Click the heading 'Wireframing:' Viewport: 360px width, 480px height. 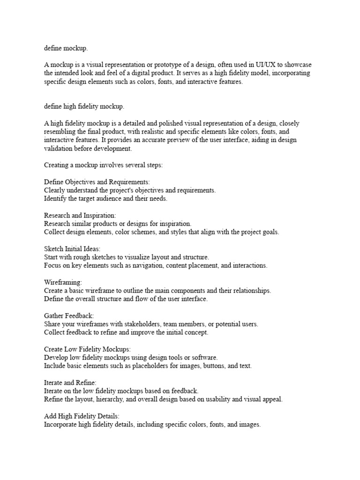(x=63, y=283)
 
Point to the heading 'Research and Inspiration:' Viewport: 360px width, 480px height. (x=80, y=215)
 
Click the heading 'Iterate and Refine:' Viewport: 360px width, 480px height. (x=70, y=383)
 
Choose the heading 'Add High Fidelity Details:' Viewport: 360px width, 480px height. (x=82, y=417)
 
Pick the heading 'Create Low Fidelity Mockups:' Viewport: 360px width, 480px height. (x=88, y=350)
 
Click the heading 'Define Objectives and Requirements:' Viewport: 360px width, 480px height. (x=97, y=182)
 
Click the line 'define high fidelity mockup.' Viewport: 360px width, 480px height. (x=84, y=107)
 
